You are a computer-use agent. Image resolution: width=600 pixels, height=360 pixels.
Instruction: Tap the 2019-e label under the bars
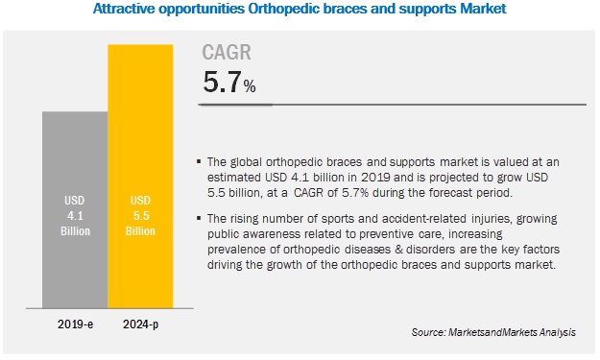[x=74, y=324]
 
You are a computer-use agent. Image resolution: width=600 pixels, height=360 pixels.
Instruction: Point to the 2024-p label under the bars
[x=139, y=324]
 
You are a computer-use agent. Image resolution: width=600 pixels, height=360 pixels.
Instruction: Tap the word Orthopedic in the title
[x=310, y=10]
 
